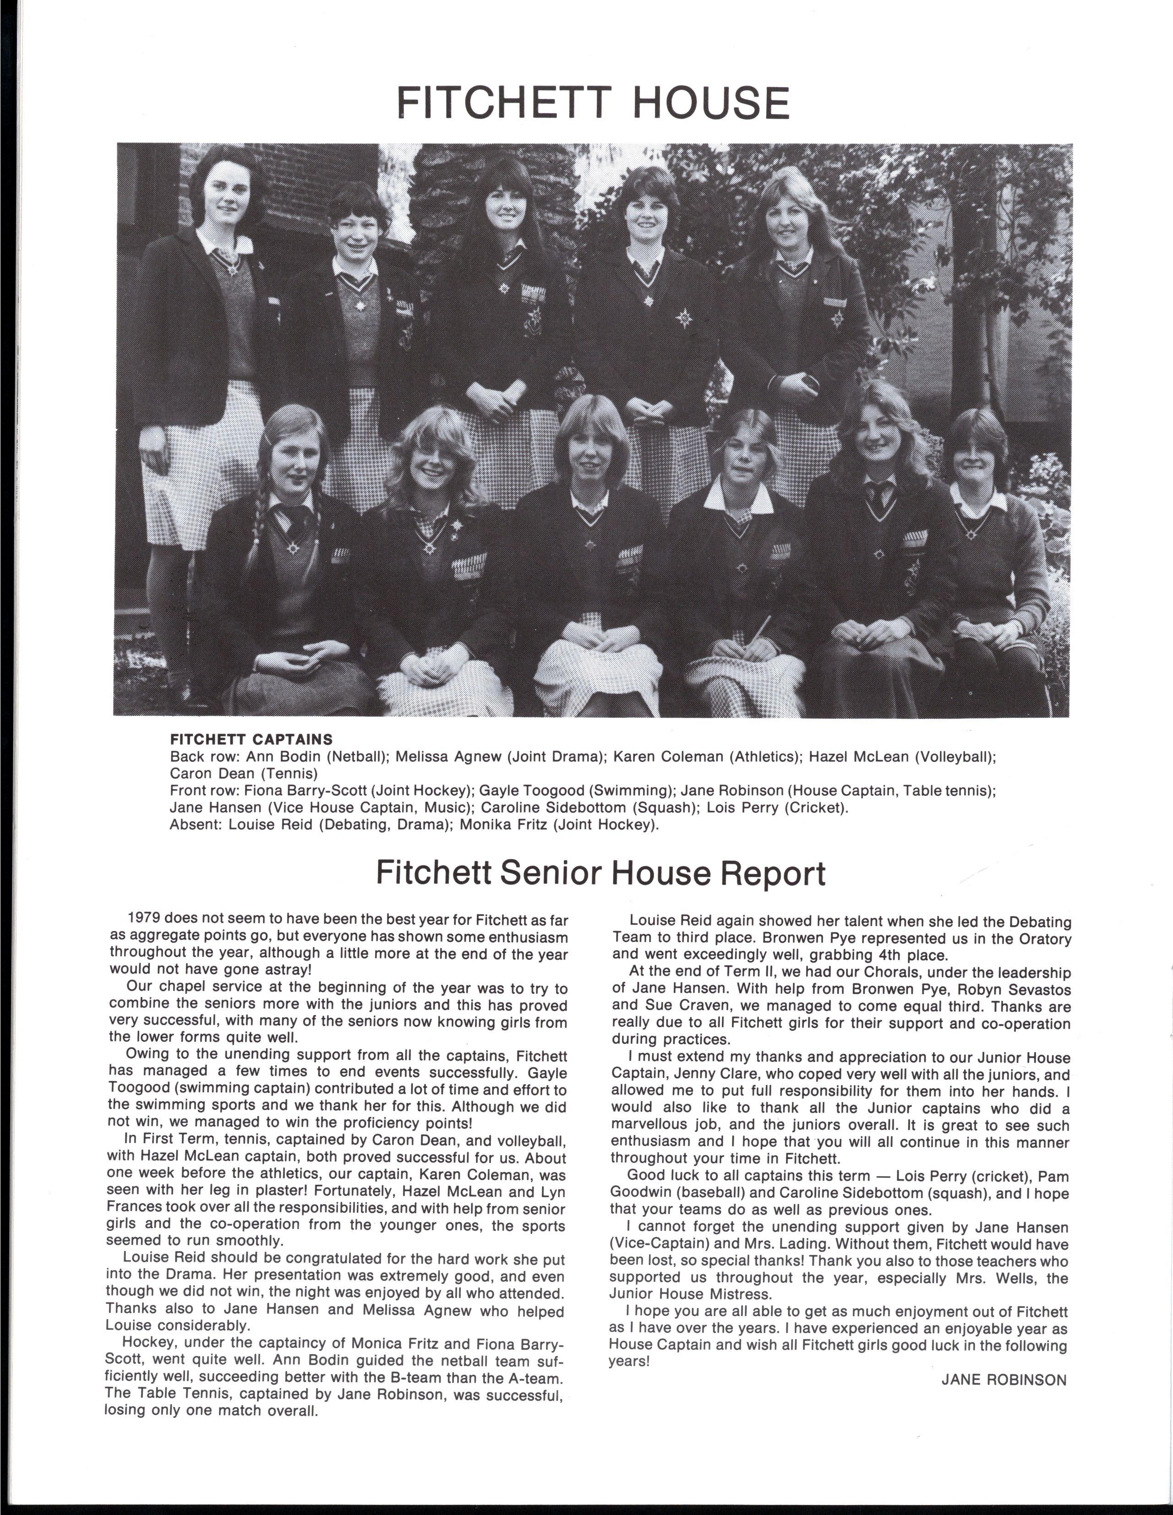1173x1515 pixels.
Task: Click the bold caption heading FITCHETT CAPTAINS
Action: coord(251,740)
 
